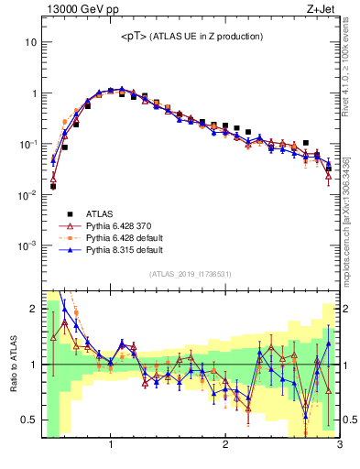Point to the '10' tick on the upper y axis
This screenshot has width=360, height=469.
[x=32, y=42]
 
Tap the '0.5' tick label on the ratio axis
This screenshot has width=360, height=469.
[x=30, y=420]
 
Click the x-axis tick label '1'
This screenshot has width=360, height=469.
[x=111, y=446]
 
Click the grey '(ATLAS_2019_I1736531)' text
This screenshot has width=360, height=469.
[x=190, y=274]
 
